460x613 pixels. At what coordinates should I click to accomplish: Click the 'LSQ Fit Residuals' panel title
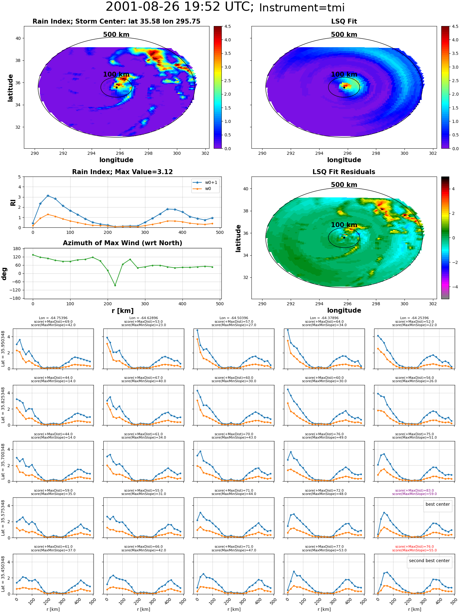[344, 172]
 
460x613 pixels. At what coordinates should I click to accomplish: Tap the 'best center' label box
[438, 504]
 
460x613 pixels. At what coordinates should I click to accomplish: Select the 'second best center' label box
[429, 561]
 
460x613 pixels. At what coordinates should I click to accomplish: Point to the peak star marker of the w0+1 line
[48, 196]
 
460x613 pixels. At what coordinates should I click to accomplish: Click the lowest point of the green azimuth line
[115, 285]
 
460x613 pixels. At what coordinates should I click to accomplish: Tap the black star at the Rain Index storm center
[117, 87]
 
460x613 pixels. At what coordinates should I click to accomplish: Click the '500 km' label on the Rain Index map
[116, 35]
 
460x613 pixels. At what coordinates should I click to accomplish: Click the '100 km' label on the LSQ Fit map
[344, 74]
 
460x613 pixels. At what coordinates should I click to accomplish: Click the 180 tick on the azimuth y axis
[17, 249]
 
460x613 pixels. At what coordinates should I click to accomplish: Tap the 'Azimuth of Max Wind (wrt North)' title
[122, 243]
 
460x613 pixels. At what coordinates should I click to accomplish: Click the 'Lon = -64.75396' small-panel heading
[53, 318]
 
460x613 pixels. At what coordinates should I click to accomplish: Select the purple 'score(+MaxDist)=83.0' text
[414, 490]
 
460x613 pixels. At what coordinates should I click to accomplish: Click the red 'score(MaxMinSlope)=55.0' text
[414, 550]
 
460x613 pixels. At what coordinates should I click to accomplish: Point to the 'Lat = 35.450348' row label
[3, 574]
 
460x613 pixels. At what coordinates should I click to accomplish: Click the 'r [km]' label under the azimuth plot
[122, 311]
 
